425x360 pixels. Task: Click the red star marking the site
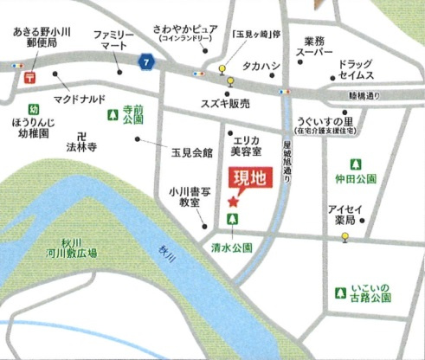pos(233,202)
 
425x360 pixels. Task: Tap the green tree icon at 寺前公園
pos(111,114)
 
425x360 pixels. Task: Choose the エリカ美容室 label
pos(245,144)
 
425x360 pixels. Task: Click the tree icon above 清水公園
pos(233,221)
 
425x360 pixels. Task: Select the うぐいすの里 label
pos(321,125)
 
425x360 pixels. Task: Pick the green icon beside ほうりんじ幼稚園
pos(33,110)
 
